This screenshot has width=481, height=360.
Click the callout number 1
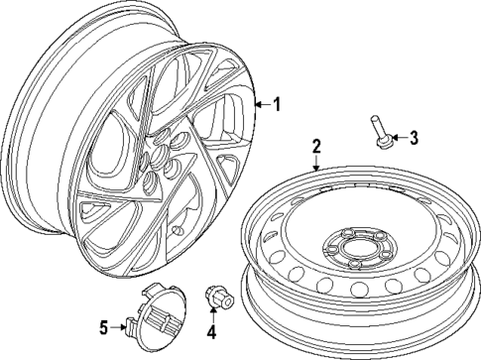coord(277,103)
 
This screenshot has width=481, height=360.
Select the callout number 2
coord(316,148)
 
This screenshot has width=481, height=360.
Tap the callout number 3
coord(415,138)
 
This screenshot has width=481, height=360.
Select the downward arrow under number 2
coord(316,163)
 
